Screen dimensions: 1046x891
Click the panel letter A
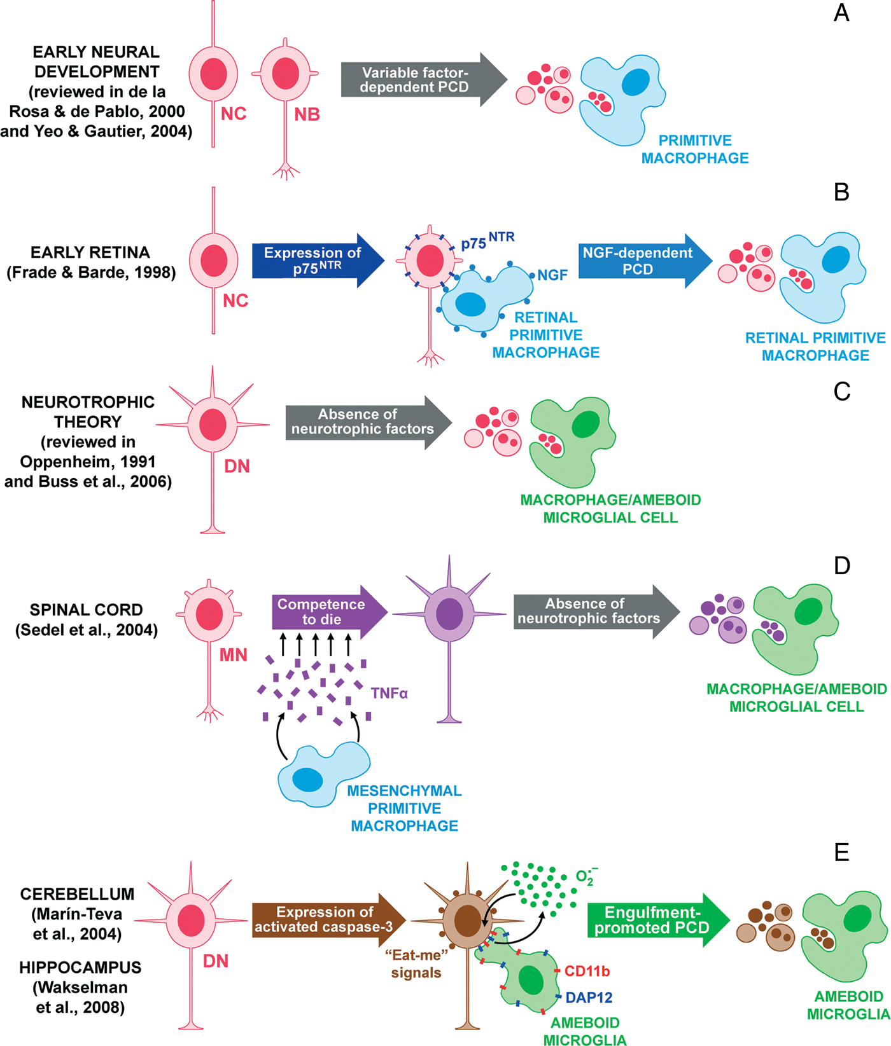point(841,13)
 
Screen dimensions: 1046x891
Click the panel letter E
point(841,852)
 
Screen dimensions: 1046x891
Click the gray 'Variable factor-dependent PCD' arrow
point(417,80)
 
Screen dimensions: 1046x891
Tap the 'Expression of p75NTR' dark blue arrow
point(312,261)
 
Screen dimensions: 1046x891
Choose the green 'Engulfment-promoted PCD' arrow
point(652,920)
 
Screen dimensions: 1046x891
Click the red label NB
point(307,114)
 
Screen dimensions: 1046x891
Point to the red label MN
point(233,655)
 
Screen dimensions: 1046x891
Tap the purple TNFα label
point(389,693)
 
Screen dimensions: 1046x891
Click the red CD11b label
point(587,971)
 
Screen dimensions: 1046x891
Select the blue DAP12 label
point(589,998)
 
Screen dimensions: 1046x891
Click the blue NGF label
point(552,275)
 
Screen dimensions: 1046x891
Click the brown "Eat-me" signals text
point(416,964)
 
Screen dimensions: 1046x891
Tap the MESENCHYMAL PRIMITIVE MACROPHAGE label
point(404,808)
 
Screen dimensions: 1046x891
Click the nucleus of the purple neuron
point(449,614)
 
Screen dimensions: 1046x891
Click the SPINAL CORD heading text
point(86,610)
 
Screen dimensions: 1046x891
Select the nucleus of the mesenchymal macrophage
point(307,780)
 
